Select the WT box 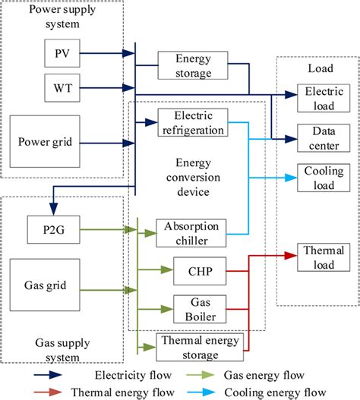coord(60,87)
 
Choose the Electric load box coord(314,96)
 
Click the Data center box coord(314,137)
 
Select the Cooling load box coord(314,178)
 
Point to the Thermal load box coord(314,256)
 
